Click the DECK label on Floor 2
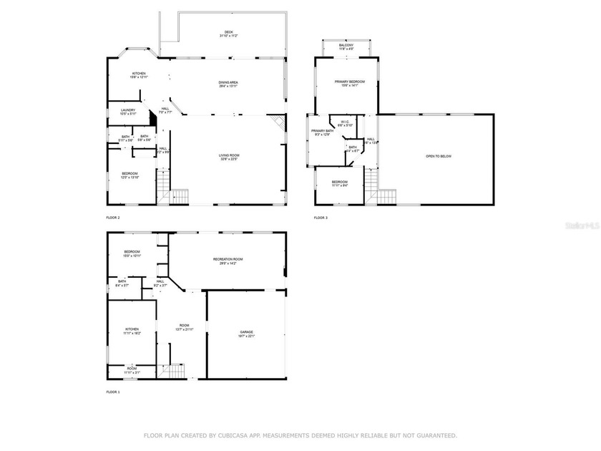pos(229,31)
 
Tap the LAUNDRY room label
pos(128,110)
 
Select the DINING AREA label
pos(229,82)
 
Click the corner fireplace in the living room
pos(280,122)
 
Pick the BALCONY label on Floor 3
pos(346,45)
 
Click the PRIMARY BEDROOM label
pos(351,82)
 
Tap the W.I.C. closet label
pos(345,122)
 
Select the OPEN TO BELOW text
pos(439,156)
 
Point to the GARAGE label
pos(246,332)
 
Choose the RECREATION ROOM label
pos(228,259)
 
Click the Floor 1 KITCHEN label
pos(132,329)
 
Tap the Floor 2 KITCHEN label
pos(138,73)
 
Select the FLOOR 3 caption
pos(321,218)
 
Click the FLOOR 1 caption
pos(113,392)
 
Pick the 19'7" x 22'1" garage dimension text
pos(246,336)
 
